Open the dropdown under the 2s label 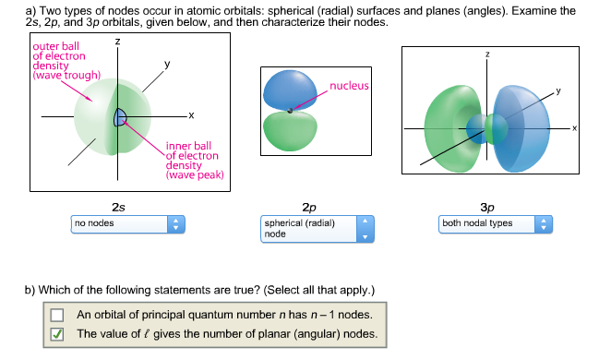(x=129, y=223)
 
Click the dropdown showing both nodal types (x=496, y=223)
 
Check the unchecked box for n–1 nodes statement (x=57, y=314)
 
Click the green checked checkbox (x=57, y=334)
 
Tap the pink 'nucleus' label (x=349, y=86)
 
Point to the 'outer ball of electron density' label (x=64, y=60)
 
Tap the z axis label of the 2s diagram (x=116, y=42)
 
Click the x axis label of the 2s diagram (x=191, y=114)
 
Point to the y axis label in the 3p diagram (x=557, y=91)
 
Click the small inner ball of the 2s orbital (x=120, y=116)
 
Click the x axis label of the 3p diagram (x=573, y=127)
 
